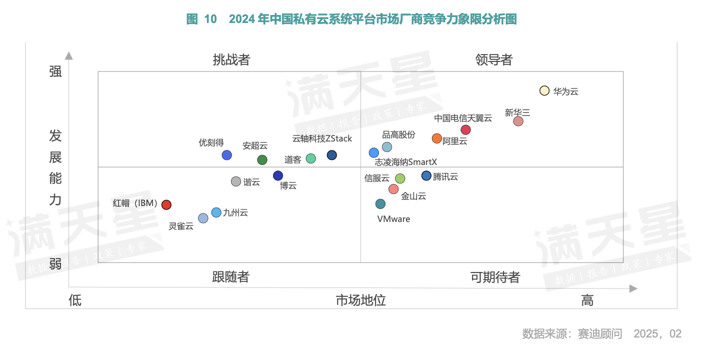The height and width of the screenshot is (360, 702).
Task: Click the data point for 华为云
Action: point(544,90)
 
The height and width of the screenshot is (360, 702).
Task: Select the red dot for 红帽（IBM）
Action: point(166,204)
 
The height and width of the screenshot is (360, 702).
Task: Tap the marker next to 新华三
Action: point(518,121)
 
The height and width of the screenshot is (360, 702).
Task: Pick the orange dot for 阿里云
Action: point(437,138)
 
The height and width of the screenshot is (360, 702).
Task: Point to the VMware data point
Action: point(380,204)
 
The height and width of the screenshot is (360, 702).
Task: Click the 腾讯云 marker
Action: point(426,175)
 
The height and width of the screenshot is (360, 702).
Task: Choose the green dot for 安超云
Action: point(262,160)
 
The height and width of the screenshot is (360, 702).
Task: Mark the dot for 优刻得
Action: point(227,155)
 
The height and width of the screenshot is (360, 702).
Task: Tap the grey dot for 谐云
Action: point(236,181)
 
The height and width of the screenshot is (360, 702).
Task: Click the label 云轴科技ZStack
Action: point(322,138)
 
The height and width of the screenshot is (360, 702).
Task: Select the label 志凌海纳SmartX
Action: point(405,162)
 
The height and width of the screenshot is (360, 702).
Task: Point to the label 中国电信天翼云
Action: point(463,118)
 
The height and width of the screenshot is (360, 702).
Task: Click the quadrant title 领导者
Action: point(494,60)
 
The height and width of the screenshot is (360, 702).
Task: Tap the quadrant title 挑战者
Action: point(231,60)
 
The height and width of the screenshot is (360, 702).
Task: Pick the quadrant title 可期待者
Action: point(495,277)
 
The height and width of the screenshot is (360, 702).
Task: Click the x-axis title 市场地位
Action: point(360,300)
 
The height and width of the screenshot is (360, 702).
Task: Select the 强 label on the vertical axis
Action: point(55,71)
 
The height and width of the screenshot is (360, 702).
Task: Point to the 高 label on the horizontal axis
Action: point(587,300)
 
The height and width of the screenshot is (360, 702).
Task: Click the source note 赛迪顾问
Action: point(600,333)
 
